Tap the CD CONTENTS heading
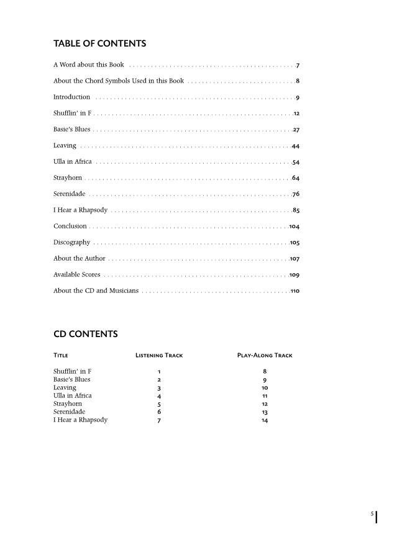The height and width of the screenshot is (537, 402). click(85, 334)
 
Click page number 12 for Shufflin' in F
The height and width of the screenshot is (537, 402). click(296, 114)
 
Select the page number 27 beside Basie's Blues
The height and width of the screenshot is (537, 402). click(296, 130)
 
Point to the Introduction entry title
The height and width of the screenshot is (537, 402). click(71, 97)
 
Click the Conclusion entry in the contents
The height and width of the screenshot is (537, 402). click(70, 227)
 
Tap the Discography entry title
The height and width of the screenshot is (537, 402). click(71, 243)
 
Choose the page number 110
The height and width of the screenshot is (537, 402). click(295, 291)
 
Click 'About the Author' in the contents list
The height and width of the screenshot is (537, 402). click(79, 259)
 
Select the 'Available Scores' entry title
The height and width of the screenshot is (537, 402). click(76, 275)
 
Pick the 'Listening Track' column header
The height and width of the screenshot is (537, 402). click(159, 356)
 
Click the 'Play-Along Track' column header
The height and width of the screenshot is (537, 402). click(265, 356)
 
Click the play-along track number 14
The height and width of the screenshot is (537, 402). click(265, 420)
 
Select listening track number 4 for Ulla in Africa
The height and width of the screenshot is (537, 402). click(159, 396)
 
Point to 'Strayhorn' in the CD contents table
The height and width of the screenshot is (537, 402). click(68, 404)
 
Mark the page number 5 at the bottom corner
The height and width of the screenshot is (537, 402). click(372, 514)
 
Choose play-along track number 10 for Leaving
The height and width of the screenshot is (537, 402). click(265, 388)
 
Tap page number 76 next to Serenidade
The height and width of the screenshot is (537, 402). click(296, 194)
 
